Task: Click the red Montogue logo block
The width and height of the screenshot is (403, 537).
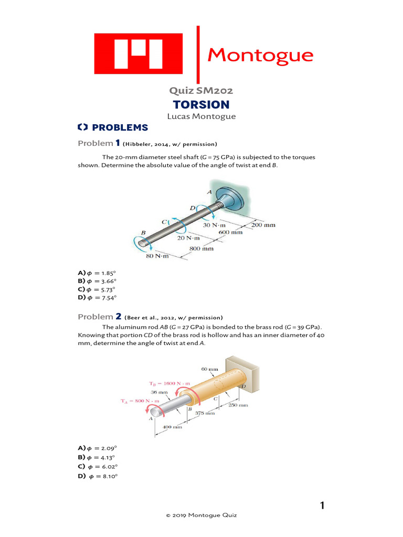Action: (138, 53)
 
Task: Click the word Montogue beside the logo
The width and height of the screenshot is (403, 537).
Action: (260, 55)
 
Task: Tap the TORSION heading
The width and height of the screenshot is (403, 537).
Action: (201, 104)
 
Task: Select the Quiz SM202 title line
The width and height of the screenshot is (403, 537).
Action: (201, 91)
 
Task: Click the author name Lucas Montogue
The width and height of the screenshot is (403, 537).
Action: (201, 116)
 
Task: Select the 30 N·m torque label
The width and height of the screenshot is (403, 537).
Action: (214, 225)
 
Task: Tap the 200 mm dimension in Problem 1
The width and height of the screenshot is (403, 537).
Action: (263, 225)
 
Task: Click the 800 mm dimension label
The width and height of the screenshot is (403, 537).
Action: (201, 249)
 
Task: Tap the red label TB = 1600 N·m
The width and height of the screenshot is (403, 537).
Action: (162, 383)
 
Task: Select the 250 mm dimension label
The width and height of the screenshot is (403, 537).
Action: (239, 405)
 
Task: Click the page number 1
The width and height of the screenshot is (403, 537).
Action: (323, 506)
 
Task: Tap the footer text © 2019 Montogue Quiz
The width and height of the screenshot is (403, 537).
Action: (201, 515)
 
